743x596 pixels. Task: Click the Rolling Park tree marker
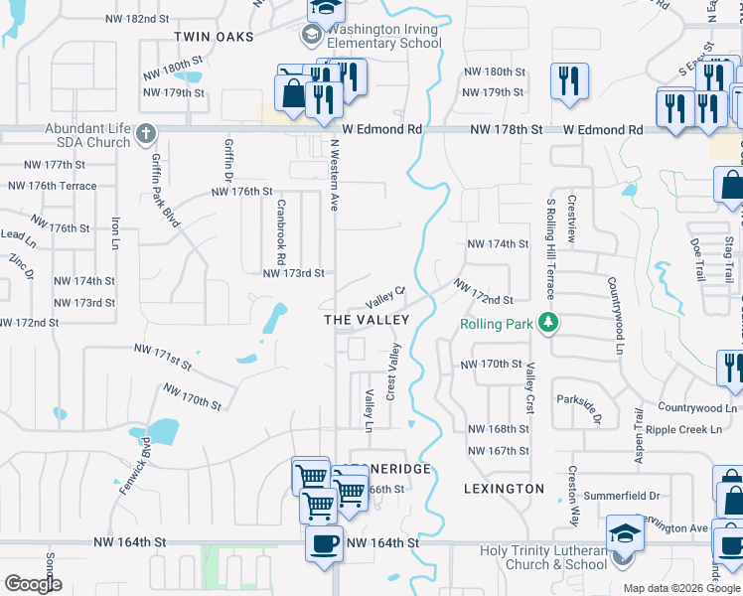point(545,323)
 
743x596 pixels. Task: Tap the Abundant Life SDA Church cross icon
point(146,132)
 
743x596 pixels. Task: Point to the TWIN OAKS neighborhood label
point(214,36)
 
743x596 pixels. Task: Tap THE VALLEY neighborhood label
point(367,320)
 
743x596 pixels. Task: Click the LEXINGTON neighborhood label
point(504,489)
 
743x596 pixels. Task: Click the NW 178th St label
point(507,130)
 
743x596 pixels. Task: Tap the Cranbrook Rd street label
point(281,226)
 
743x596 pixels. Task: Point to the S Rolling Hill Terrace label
point(549,248)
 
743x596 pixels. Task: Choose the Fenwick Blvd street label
point(138,467)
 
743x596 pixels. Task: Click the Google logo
point(33,584)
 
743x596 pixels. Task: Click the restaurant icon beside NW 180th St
point(569,80)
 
